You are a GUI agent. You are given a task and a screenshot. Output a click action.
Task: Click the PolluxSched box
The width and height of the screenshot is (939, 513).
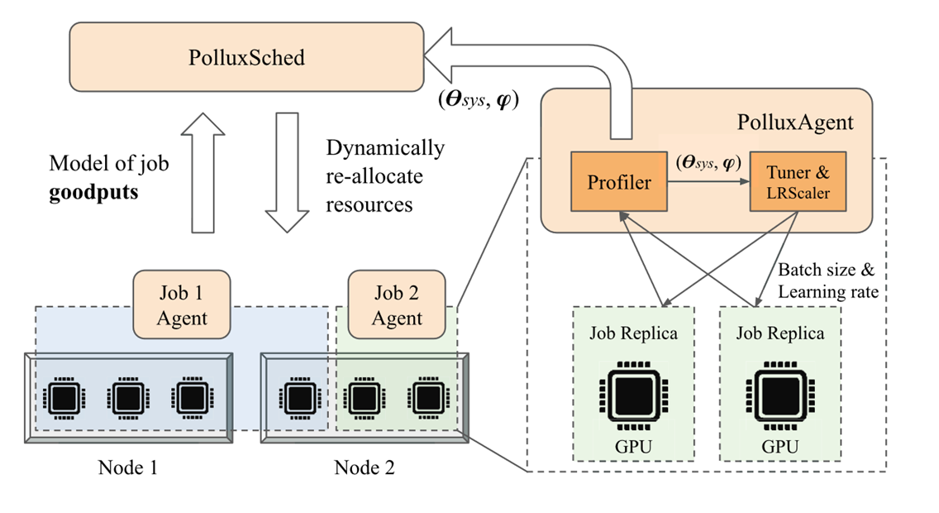(x=245, y=57)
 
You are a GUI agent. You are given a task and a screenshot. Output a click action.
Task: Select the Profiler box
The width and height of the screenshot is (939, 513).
(x=619, y=182)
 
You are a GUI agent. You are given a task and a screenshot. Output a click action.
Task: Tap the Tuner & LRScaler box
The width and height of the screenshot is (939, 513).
(x=798, y=182)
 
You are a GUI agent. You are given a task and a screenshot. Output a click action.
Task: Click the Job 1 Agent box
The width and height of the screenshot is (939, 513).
(x=182, y=305)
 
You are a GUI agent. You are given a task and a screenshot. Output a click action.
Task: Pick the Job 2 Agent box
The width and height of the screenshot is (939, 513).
(x=397, y=305)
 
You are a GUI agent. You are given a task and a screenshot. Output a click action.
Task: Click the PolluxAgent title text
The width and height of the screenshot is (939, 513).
(x=795, y=122)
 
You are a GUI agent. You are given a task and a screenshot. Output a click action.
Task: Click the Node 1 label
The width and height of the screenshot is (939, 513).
(x=127, y=467)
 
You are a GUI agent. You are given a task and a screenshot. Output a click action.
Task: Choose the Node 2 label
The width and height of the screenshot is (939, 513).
(x=365, y=467)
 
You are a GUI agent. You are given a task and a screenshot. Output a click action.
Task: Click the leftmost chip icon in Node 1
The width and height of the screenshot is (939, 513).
(x=63, y=398)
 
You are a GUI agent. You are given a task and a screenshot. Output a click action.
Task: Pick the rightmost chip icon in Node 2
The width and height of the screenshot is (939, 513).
(x=425, y=398)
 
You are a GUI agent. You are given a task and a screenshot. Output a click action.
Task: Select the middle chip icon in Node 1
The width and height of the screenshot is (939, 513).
(x=126, y=398)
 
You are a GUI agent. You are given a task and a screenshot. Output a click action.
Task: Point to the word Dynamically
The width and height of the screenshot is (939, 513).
(x=385, y=149)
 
